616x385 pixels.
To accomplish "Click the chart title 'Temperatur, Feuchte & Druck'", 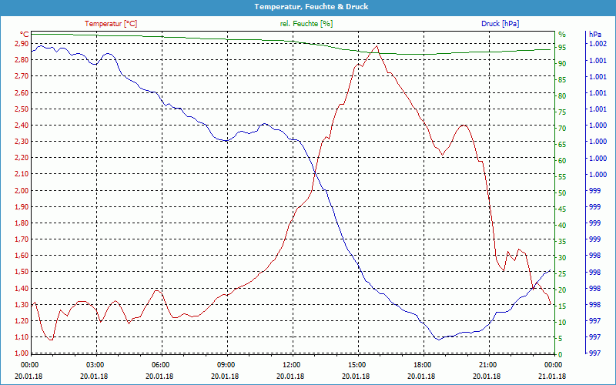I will [308, 6].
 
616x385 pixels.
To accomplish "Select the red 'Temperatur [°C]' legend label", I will [111, 24].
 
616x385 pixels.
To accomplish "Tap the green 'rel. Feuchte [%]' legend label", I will [306, 24].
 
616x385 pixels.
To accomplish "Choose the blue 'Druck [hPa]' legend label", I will [500, 24].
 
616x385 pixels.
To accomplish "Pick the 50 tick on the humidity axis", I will [562, 192].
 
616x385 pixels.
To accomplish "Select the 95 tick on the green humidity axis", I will [562, 47].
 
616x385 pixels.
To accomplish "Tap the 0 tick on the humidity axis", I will [560, 354].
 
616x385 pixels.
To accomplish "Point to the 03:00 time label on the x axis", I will [95, 365].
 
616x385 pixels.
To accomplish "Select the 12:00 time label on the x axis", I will [292, 365].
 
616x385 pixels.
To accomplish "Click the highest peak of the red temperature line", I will [376, 45].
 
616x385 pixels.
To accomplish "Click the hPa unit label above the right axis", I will [595, 35].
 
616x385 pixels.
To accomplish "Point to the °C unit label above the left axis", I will [25, 35].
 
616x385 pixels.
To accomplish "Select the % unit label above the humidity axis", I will [562, 35].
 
